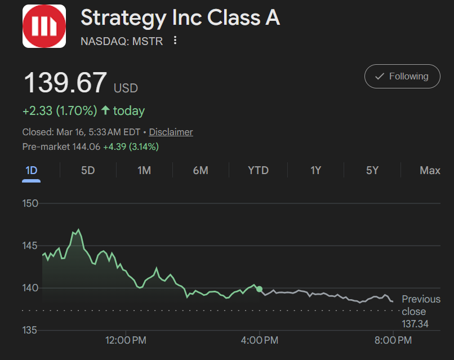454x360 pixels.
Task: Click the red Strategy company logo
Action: pyautogui.click(x=44, y=26)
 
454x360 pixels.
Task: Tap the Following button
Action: pyautogui.click(x=402, y=76)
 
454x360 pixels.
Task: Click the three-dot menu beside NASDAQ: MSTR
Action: pyautogui.click(x=175, y=41)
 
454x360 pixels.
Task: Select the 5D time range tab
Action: pyautogui.click(x=88, y=170)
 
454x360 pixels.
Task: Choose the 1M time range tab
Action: pyautogui.click(x=144, y=170)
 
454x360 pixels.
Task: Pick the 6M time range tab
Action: pyautogui.click(x=201, y=170)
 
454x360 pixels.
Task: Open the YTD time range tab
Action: pyautogui.click(x=259, y=170)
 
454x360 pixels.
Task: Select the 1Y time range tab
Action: pyautogui.click(x=316, y=170)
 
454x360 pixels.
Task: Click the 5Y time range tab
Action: pyautogui.click(x=372, y=170)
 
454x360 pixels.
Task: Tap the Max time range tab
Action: pyautogui.click(x=430, y=170)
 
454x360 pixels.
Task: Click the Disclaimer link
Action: pyautogui.click(x=171, y=132)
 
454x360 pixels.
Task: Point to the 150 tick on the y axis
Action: pyautogui.click(x=30, y=203)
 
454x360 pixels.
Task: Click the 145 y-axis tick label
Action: pyautogui.click(x=30, y=246)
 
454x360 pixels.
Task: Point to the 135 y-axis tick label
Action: pyautogui.click(x=30, y=330)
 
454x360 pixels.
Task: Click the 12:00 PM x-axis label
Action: pyautogui.click(x=126, y=340)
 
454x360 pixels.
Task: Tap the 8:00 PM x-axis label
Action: pyautogui.click(x=393, y=340)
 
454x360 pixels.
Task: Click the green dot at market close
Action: pyautogui.click(x=259, y=289)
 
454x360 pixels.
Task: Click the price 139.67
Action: pyautogui.click(x=65, y=83)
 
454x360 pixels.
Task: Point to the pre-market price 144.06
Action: pyautogui.click(x=86, y=147)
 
